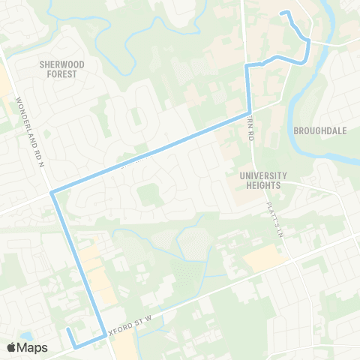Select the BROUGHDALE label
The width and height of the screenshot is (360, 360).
[x=319, y=130]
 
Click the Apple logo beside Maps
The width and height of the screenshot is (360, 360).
[x=11, y=347]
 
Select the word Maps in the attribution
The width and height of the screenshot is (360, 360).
[x=33, y=347]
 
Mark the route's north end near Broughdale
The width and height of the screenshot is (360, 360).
[x=281, y=13]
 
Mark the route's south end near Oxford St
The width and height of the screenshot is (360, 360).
[x=67, y=329]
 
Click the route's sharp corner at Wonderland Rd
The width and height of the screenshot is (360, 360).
[x=51, y=193]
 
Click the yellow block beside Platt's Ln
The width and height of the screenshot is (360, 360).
[x=265, y=258]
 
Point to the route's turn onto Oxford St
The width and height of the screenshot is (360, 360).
[x=103, y=337]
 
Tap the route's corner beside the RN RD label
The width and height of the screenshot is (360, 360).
[x=249, y=114]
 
